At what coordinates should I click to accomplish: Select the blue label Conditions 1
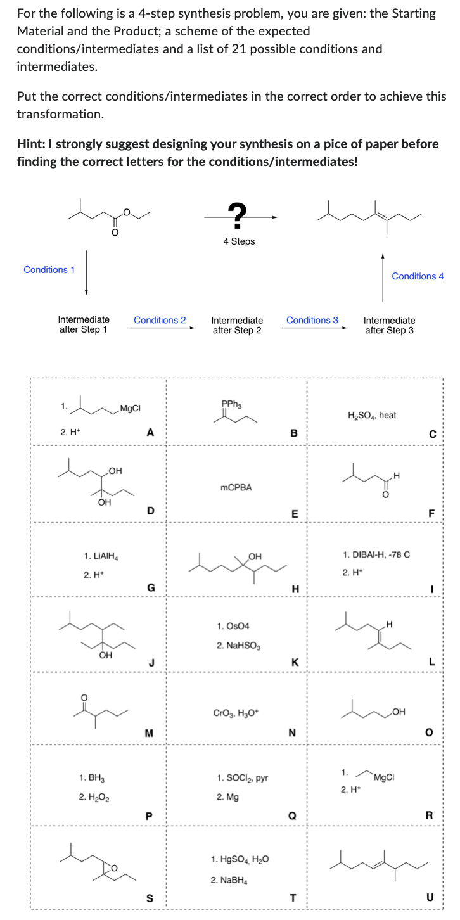pos(49,270)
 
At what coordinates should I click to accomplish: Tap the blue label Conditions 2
pos(160,320)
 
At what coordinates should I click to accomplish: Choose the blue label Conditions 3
pos(312,320)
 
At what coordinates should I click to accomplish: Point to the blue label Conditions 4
pos(418,276)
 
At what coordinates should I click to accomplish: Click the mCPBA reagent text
pos(236,487)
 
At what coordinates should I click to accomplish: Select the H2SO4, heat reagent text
pos(372,415)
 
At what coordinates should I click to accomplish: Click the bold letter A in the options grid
pos(150,432)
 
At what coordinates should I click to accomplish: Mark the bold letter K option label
pos(295,662)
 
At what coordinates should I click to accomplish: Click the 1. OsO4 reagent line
pos(233,625)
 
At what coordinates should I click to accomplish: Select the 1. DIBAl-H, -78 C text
pos(376,554)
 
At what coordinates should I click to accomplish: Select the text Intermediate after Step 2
pos(236,325)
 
